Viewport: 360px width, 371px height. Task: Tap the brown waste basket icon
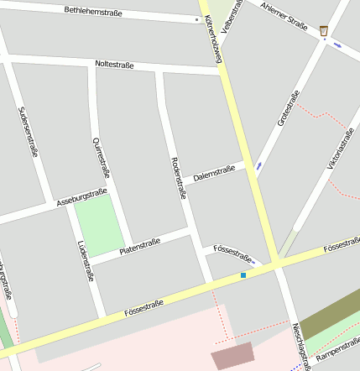pyautogui.click(x=324, y=31)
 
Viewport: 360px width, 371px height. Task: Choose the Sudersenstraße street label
pyautogui.click(x=28, y=132)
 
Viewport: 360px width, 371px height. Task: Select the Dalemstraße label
pyautogui.click(x=214, y=174)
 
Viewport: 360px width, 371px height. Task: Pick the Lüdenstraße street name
pyautogui.click(x=85, y=260)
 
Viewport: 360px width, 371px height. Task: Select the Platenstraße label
pyautogui.click(x=139, y=245)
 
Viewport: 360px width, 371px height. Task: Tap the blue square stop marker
pyautogui.click(x=243, y=274)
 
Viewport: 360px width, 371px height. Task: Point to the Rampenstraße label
pyautogui.click(x=337, y=355)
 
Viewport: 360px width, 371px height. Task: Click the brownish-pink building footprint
pyautogui.click(x=231, y=357)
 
